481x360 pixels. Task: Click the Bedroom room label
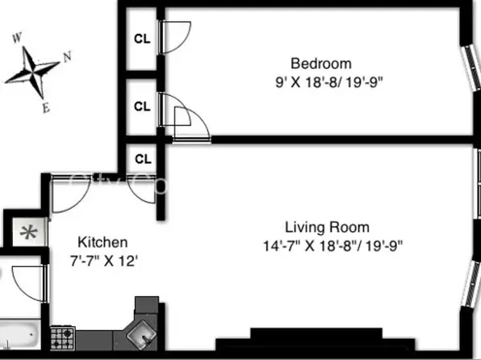(321, 64)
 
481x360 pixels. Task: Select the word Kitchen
(102, 242)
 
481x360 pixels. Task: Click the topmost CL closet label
(142, 37)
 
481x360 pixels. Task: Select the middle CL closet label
(142, 106)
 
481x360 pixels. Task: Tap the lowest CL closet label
(142, 159)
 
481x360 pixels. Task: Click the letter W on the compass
(16, 37)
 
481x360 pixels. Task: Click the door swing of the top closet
(174, 34)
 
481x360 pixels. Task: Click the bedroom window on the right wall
(471, 69)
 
